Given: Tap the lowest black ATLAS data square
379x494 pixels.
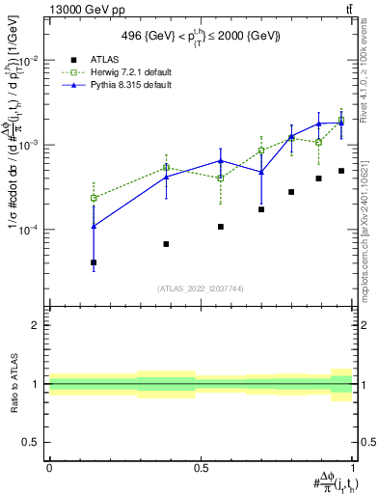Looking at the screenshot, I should [94, 262].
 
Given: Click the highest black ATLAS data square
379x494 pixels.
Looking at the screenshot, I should [341, 171].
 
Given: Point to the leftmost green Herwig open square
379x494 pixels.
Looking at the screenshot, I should [94, 198].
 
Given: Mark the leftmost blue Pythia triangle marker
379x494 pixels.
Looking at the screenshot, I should [94, 226].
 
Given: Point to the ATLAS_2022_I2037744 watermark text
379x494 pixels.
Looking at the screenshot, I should [201, 288].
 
